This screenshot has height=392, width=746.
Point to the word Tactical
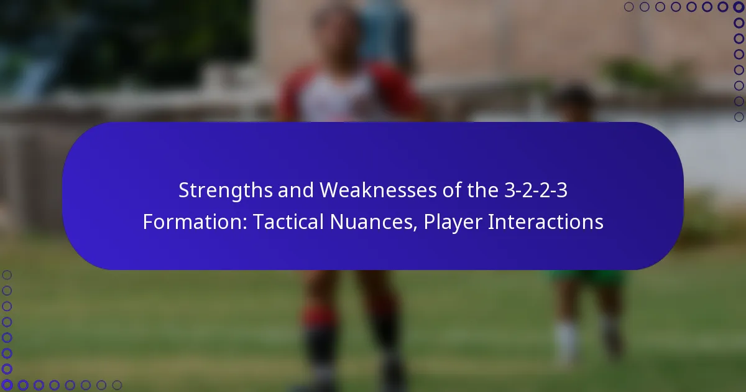(285, 222)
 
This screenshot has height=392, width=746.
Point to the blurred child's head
(573, 100)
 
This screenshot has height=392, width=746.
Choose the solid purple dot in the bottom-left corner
(7, 385)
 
